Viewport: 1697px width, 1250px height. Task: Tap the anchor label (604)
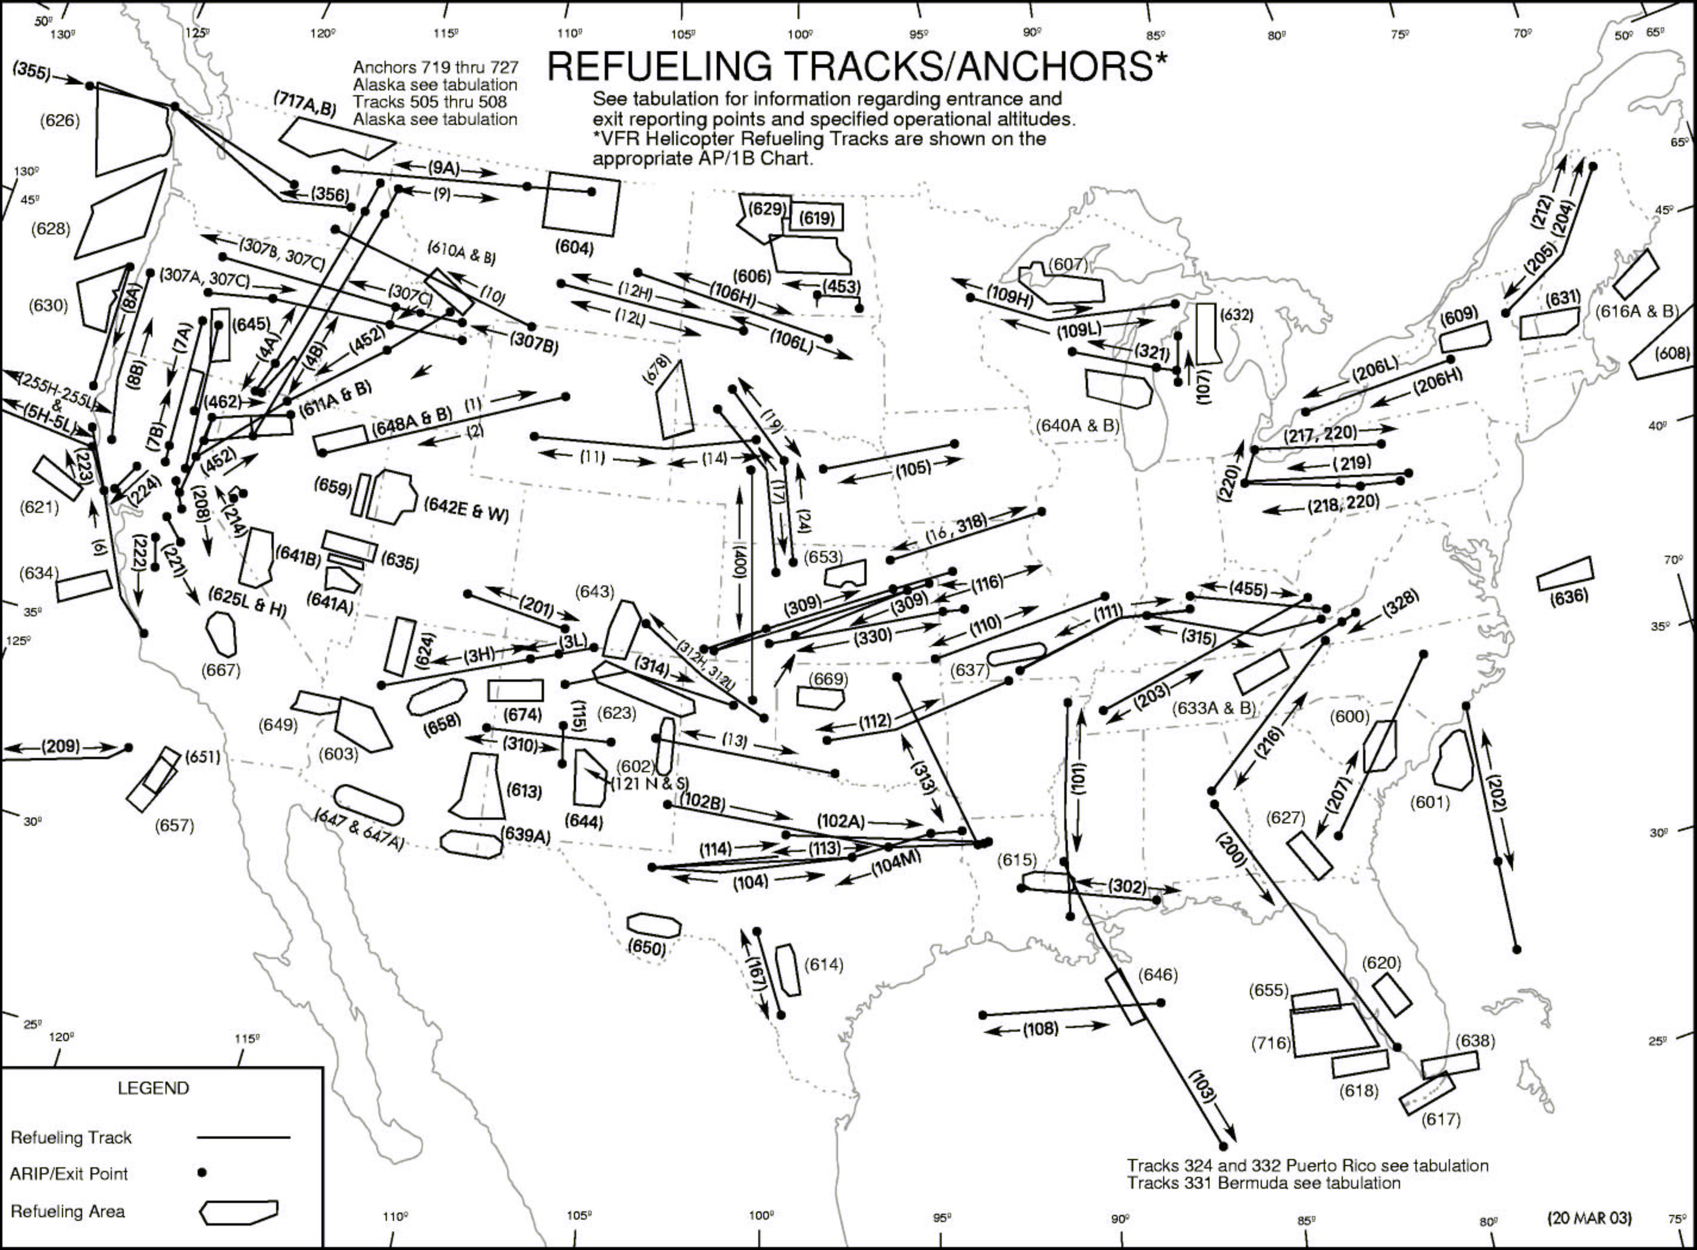pos(574,248)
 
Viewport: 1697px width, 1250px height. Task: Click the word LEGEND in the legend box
pos(153,1088)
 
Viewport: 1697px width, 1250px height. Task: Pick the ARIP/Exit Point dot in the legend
pos(201,1173)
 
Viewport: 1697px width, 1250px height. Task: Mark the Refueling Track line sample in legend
pos(243,1136)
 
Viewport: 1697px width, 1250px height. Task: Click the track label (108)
pos(1040,1029)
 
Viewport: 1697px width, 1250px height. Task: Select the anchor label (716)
pos(1271,1044)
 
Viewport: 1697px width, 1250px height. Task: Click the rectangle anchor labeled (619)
pos(817,218)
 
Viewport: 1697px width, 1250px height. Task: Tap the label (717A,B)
pos(305,106)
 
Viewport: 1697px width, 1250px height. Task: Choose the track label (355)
pos(32,73)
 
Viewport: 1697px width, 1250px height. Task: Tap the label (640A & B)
pos(1077,425)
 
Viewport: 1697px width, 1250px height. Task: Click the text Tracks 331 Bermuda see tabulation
pos(1263,1183)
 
